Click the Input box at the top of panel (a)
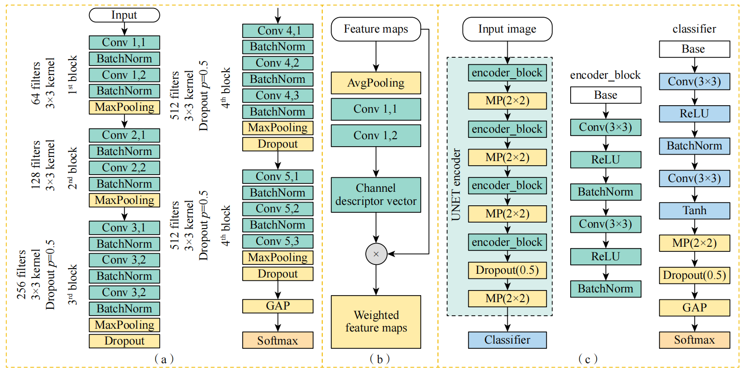point(124,15)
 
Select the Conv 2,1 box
point(124,135)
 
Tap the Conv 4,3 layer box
point(278,95)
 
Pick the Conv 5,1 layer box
point(278,176)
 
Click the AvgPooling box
point(376,83)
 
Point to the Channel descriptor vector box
point(376,195)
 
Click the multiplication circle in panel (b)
point(376,254)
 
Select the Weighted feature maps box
point(376,322)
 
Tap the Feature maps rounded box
point(376,29)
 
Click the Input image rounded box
point(507,29)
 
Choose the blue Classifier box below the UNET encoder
point(507,340)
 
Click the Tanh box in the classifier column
point(694,211)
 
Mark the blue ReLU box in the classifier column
point(694,114)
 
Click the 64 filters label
point(36,83)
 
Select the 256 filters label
point(21,275)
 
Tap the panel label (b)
point(380,359)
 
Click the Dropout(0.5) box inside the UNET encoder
point(507,271)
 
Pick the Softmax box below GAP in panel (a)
point(278,340)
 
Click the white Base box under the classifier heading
point(694,49)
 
